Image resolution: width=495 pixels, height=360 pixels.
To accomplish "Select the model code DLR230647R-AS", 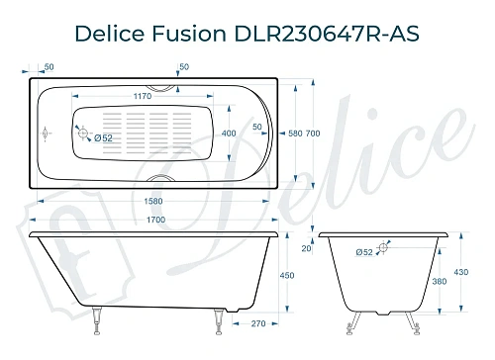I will pyautogui.click(x=326, y=33).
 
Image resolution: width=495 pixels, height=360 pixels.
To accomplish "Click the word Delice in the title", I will pyautogui.click(x=110, y=33).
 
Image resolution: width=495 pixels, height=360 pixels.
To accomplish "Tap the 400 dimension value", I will pyautogui.click(x=229, y=133).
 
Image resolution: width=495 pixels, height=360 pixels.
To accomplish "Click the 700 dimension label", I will pyautogui.click(x=312, y=133).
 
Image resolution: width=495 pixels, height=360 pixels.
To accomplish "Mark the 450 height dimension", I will pyautogui.click(x=287, y=275).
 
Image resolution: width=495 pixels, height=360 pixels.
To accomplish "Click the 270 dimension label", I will pyautogui.click(x=257, y=322).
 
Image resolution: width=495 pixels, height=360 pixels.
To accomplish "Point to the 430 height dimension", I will pyautogui.click(x=461, y=271).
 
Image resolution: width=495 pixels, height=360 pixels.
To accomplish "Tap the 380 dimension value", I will pyautogui.click(x=439, y=282).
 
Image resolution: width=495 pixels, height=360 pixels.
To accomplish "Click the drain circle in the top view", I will pyautogui.click(x=85, y=134).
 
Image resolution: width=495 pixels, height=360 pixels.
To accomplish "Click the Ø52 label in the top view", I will pyautogui.click(x=104, y=137).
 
